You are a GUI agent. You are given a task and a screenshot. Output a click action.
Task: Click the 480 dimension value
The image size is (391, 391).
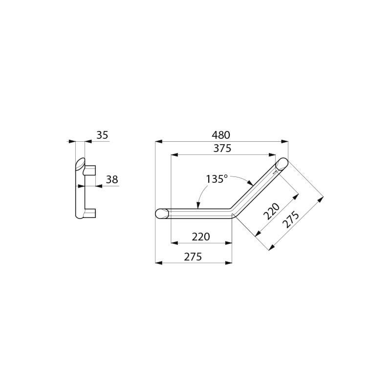coord(220,135)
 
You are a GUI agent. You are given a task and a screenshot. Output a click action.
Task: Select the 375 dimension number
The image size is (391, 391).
coord(222,149)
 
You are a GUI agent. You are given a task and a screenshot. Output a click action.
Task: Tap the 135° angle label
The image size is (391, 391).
coord(217,179)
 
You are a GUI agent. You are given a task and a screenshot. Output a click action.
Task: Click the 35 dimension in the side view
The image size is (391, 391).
coord(102,135)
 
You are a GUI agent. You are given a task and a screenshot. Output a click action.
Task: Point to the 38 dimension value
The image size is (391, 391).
coord(112,179)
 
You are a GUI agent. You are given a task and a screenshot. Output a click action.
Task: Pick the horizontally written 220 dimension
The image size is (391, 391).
coord(201,237)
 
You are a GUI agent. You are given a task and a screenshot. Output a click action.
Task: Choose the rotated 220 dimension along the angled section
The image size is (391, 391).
coord(271,211)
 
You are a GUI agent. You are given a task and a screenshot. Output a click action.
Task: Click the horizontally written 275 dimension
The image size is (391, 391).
coord(193,257)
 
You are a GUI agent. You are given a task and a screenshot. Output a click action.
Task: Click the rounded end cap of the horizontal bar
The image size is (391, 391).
coord(162,214)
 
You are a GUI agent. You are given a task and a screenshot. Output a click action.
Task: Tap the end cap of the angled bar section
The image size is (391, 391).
coord(282,164)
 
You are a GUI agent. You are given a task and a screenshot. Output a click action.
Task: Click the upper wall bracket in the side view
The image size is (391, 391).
coord(90,171)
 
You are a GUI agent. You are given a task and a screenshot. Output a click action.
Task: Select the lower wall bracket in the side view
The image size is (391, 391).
coord(90,213)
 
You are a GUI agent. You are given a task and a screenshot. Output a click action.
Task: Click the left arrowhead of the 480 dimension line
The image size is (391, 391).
coord(158,142)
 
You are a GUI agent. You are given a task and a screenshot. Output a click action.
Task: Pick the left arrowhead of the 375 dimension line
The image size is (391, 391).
coord(174,155)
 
